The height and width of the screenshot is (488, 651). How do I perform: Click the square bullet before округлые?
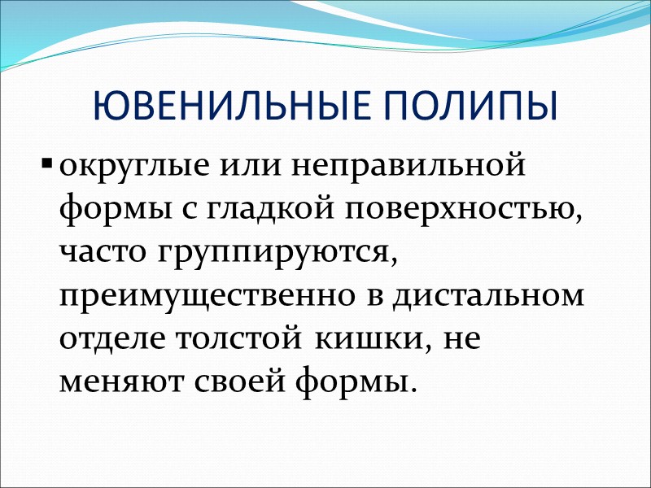coord(46,172)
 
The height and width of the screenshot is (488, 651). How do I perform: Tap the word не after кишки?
coord(461,339)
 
